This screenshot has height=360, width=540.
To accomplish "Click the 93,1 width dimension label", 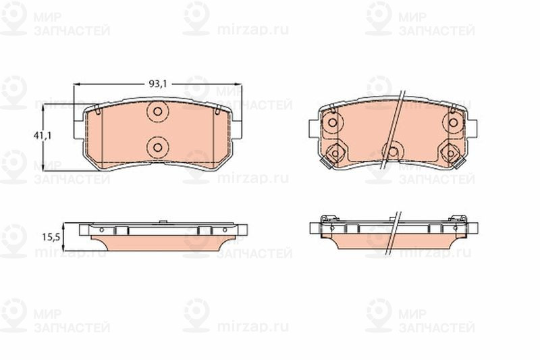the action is [157, 84].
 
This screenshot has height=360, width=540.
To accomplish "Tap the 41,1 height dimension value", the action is [43, 135].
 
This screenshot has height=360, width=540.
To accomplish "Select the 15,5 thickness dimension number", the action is [51, 237].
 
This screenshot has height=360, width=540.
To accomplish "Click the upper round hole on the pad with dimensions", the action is [157, 111].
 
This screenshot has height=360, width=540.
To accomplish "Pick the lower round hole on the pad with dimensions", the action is [157, 147].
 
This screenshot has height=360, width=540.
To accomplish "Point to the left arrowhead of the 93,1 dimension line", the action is [76, 84].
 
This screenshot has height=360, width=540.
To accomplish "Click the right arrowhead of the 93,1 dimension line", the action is [239, 84].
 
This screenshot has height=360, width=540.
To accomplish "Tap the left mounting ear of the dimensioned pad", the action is [79, 130].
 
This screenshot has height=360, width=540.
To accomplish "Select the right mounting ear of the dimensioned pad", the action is [237, 130].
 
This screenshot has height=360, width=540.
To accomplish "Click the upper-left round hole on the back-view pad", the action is [332, 122].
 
